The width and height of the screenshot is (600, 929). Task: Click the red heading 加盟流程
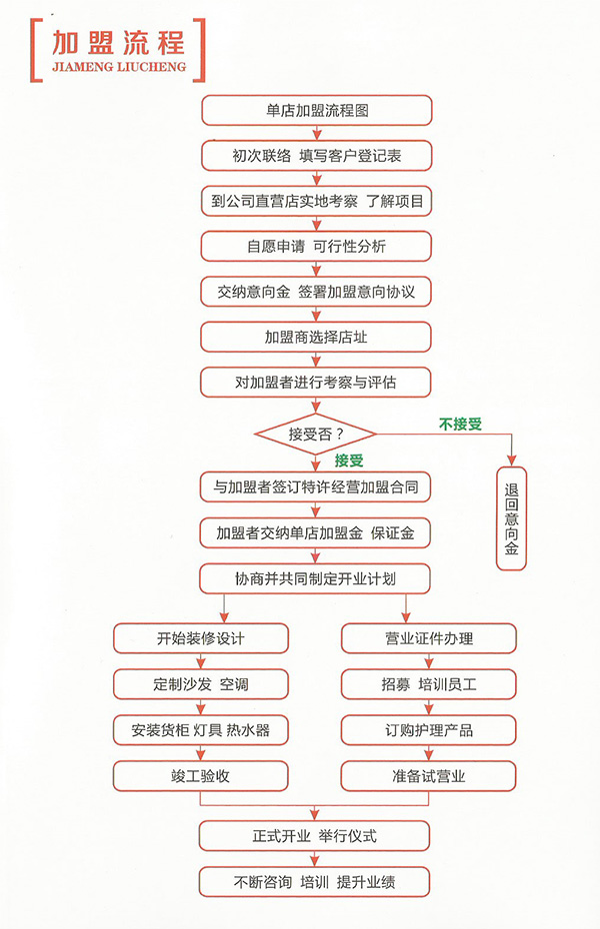[x=118, y=42]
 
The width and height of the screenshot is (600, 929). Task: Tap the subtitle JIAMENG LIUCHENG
[x=119, y=66]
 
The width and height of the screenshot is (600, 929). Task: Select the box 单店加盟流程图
[x=317, y=111]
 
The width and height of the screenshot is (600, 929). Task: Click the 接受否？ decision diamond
[x=315, y=434]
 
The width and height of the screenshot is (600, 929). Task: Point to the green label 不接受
[x=460, y=425]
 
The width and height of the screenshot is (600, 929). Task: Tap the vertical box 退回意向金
[x=511, y=519]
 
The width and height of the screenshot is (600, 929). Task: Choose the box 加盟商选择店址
[x=315, y=337]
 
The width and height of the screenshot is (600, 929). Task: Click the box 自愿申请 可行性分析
[x=316, y=247]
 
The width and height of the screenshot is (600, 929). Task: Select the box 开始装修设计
[x=201, y=638]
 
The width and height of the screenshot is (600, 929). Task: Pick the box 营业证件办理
[x=429, y=638]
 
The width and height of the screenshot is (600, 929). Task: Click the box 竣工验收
[x=200, y=776]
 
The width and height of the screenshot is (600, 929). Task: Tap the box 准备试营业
[x=428, y=776]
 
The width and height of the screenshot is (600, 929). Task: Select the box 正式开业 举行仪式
[x=314, y=836]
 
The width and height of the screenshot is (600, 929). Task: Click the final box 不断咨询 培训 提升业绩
[x=314, y=882]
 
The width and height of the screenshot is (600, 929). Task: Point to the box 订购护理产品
[x=429, y=730]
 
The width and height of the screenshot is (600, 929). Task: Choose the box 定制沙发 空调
[x=201, y=684]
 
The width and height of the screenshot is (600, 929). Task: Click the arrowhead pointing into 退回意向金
[x=512, y=461]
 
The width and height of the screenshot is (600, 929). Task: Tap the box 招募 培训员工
[x=429, y=684]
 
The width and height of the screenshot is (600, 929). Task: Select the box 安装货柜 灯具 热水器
[x=201, y=730]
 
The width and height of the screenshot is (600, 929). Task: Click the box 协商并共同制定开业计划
[x=315, y=578]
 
